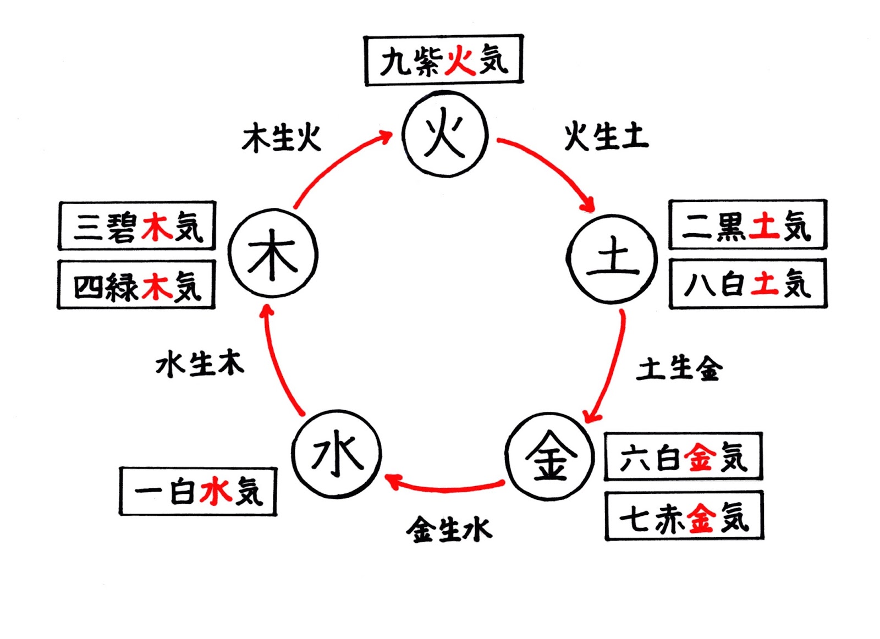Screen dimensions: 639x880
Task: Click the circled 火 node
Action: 445,134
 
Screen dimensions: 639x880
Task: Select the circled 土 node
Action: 612,258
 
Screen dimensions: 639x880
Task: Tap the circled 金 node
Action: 549,456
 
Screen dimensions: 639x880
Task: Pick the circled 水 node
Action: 337,454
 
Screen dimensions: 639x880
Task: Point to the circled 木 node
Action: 273,254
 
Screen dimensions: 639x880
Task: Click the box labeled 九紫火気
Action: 443,60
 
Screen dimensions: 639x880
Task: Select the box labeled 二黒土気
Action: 747,225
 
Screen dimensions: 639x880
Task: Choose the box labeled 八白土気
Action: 748,284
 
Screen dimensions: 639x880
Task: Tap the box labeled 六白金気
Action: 683,457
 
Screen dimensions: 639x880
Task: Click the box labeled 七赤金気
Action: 684,516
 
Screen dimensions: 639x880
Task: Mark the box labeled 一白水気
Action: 198,491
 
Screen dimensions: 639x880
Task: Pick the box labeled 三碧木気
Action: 137,226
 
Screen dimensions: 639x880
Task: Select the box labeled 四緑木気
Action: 136,285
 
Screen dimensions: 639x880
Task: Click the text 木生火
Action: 281,137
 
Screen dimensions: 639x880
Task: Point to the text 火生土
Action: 606,136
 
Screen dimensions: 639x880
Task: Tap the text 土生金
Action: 679,368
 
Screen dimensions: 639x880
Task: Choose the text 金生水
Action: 449,530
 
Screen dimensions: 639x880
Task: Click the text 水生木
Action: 199,363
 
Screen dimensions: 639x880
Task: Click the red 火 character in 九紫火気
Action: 460,60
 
